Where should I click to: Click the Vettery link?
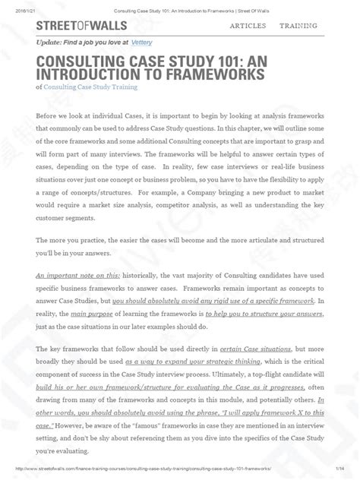pos(142,44)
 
